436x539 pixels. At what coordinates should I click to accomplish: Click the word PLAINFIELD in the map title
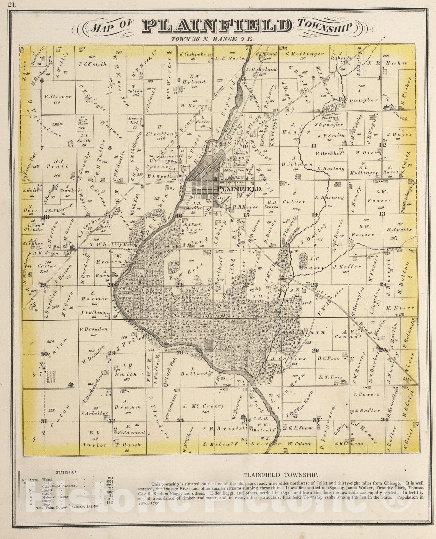tap(217, 26)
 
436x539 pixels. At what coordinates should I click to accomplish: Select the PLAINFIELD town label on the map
tap(240, 189)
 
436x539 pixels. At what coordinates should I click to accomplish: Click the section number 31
tap(44, 421)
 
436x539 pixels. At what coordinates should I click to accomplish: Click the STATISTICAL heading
tap(68, 472)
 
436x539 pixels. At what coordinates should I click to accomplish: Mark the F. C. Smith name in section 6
tap(93, 64)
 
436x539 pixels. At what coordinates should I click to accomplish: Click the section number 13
tap(382, 214)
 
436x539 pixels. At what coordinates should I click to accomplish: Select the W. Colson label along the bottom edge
tap(299, 444)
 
